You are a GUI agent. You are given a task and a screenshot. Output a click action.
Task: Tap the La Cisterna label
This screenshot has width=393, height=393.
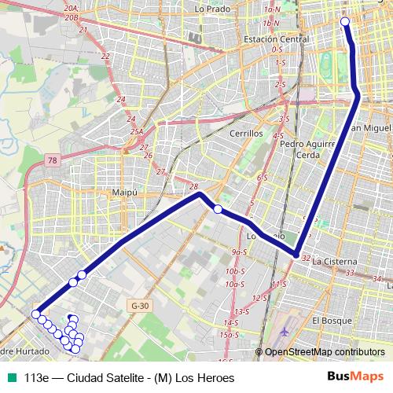pyautogui.click(x=335, y=260)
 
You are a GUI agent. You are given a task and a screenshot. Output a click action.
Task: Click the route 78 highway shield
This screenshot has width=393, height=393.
pyautogui.click(x=52, y=160)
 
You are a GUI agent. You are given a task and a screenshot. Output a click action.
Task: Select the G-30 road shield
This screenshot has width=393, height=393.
pyautogui.click(x=140, y=305)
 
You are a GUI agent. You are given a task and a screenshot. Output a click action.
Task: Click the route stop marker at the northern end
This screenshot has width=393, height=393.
pyautogui.click(x=344, y=21)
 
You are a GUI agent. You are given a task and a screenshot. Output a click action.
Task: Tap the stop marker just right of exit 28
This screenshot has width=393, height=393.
pyautogui.click(x=218, y=209)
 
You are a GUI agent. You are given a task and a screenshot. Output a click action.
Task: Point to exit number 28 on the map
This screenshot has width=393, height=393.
pyautogui.click(x=194, y=186)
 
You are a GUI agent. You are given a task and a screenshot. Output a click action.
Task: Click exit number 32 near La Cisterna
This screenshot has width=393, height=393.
pyautogui.click(x=305, y=255)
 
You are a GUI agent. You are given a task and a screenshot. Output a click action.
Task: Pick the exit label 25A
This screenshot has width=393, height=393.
pyautogui.click(x=137, y=131)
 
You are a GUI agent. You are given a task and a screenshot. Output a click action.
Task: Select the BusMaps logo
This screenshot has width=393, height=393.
pyautogui.click(x=356, y=377)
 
